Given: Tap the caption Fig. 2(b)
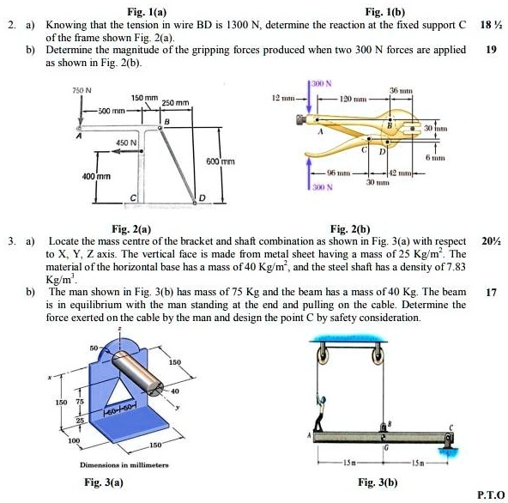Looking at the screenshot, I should point(349,229).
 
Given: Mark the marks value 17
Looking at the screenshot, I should point(491,291).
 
